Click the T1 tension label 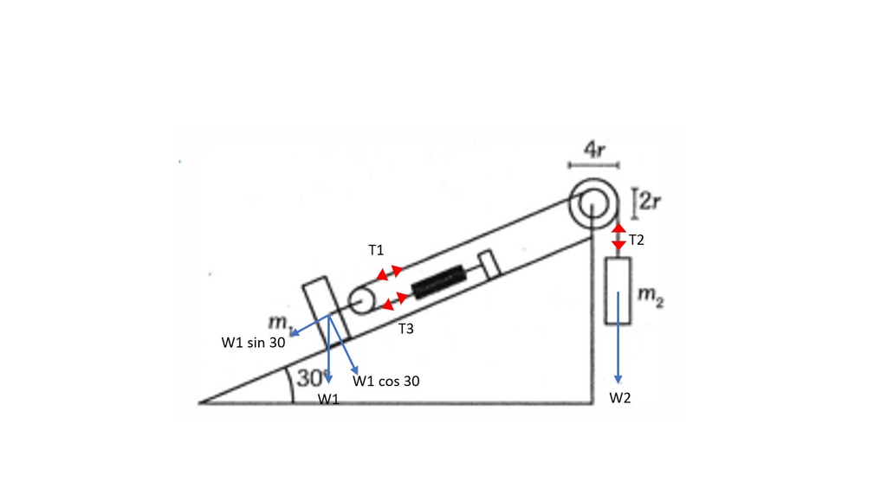point(375,250)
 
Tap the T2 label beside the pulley point(637,240)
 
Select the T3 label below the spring point(406,329)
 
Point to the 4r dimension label point(593,150)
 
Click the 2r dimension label point(649,201)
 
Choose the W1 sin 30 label point(253,342)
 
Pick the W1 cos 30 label point(386,380)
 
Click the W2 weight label point(620,398)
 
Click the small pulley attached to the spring point(362,300)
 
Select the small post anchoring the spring point(488,264)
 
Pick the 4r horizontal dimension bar point(593,164)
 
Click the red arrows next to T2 point(618,236)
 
